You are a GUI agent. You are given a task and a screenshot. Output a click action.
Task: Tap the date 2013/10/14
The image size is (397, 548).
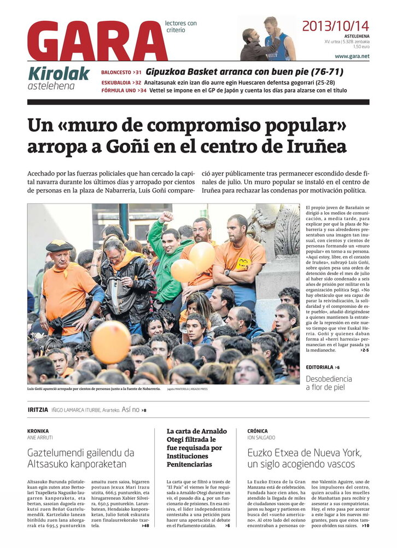(x=335, y=26)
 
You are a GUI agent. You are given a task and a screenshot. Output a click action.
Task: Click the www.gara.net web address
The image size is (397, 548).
(x=352, y=56)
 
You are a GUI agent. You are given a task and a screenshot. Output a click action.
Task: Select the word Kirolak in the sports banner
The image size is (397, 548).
(x=59, y=73)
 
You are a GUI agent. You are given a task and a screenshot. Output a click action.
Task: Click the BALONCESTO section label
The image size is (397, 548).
(x=116, y=72)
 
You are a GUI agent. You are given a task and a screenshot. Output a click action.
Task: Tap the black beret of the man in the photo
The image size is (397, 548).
(x=59, y=246)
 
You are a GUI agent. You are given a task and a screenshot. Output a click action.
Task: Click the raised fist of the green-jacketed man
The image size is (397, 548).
(x=166, y=217)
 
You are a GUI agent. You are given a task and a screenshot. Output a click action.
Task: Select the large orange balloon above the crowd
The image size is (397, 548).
(x=111, y=342)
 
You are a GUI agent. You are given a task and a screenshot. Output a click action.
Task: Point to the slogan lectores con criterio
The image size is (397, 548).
(x=180, y=27)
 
